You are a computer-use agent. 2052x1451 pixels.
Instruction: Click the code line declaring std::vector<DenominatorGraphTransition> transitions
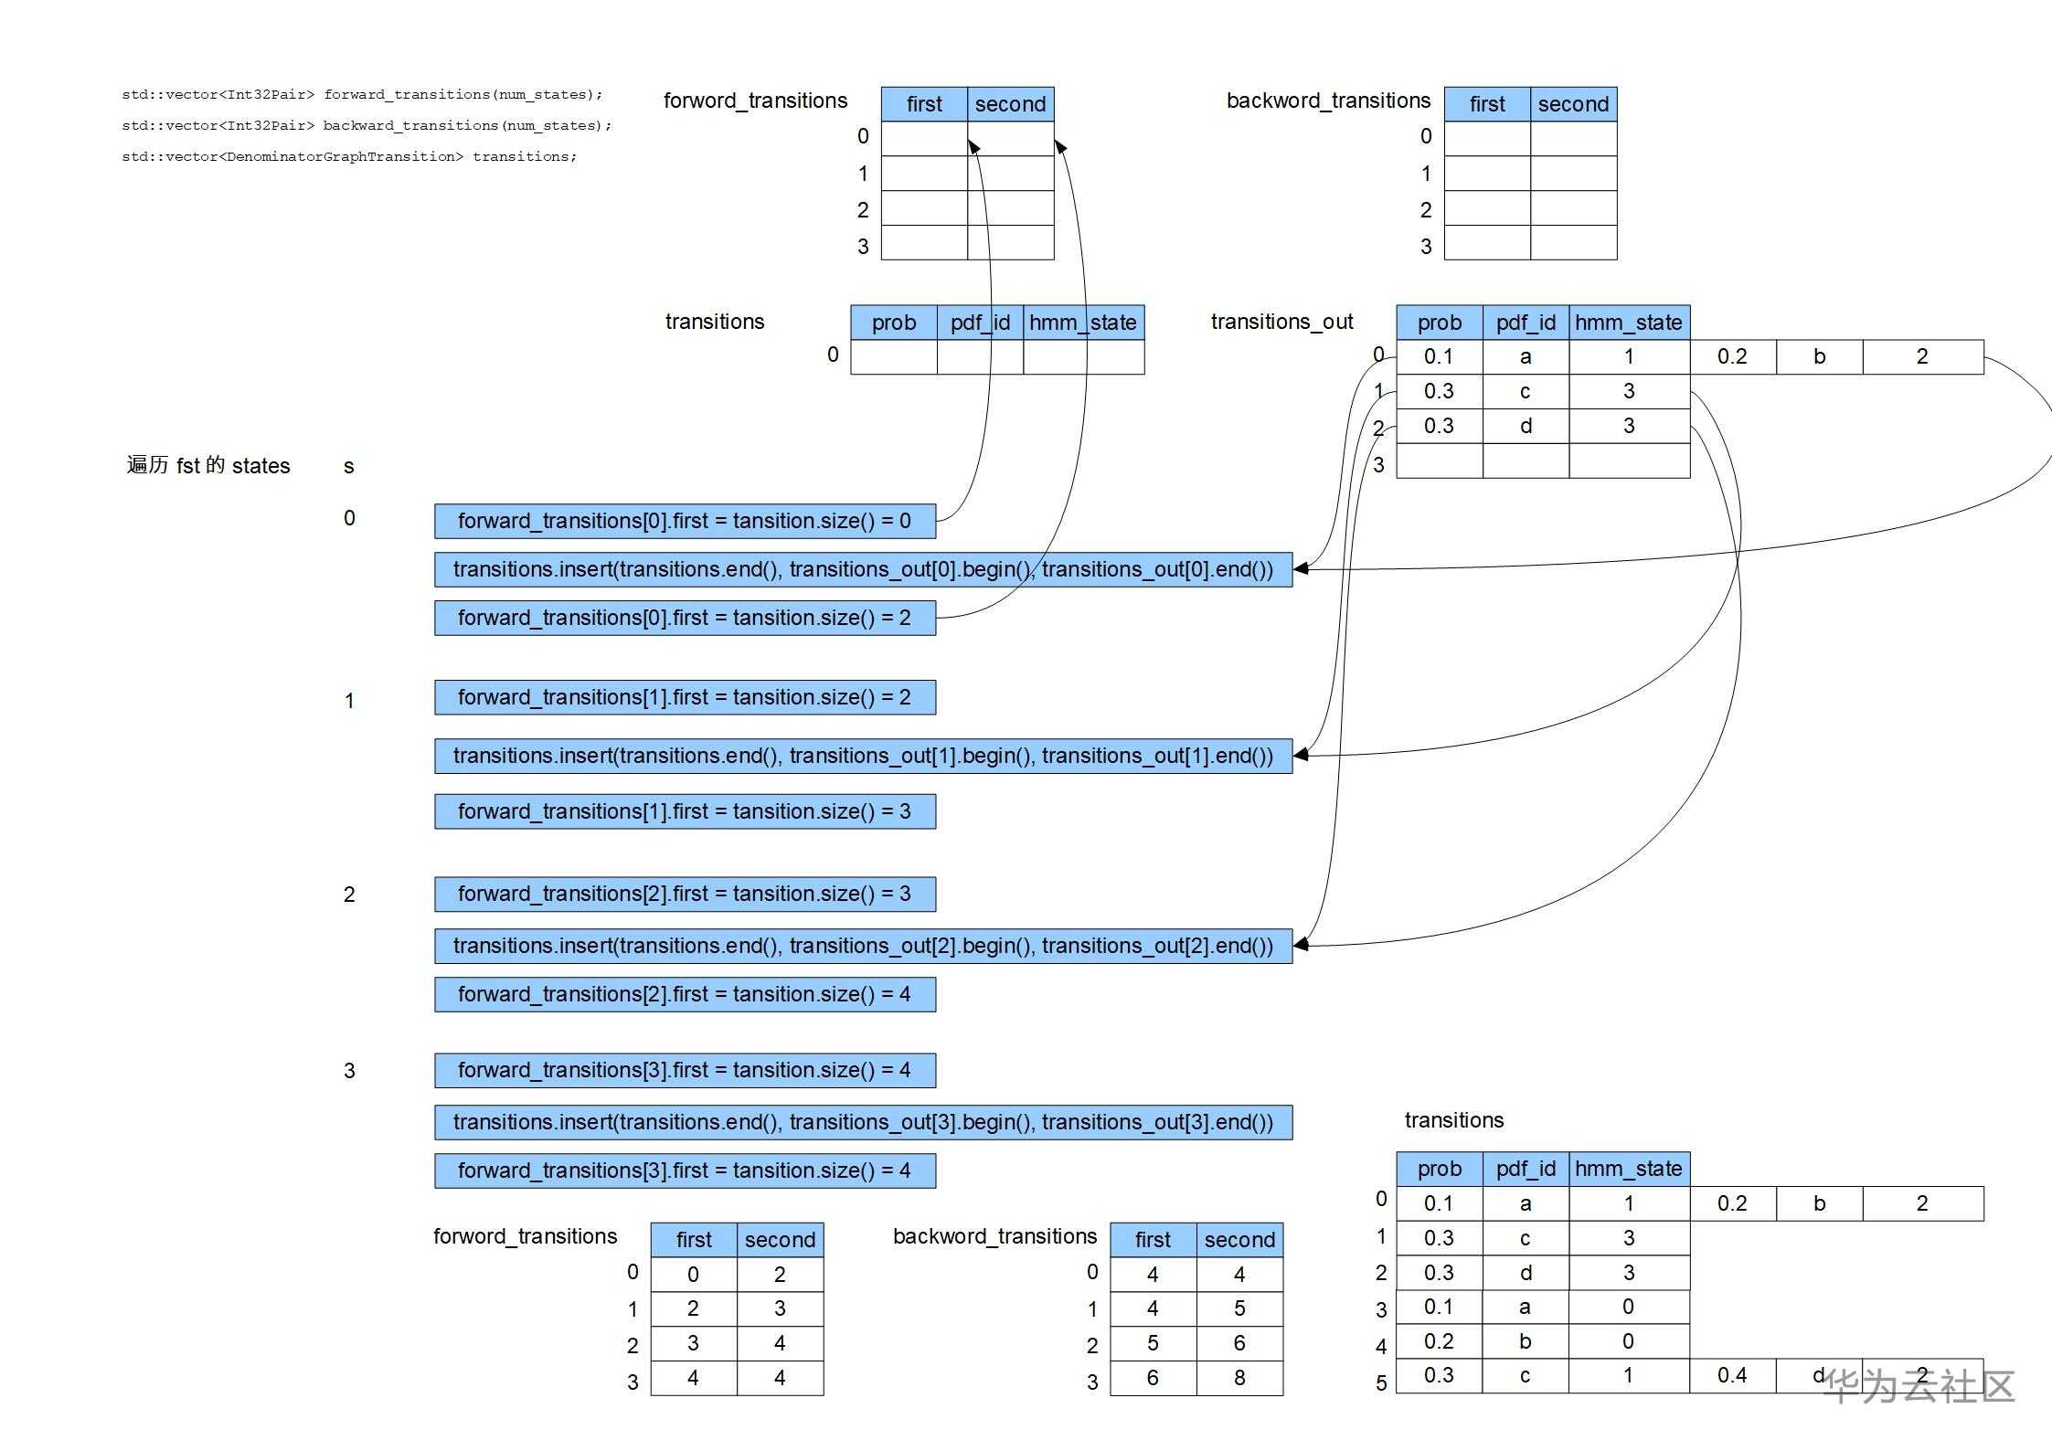pyautogui.click(x=349, y=156)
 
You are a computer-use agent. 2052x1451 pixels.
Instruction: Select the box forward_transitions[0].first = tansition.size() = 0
pyautogui.click(x=685, y=521)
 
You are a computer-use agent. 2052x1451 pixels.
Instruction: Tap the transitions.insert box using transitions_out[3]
pyautogui.click(x=863, y=1122)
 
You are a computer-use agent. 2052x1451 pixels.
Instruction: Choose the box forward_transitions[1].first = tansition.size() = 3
pyautogui.click(x=685, y=811)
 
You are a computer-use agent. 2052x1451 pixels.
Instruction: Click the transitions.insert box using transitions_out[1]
pyautogui.click(x=863, y=756)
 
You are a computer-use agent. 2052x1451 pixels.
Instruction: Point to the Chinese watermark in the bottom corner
pyautogui.click(x=1919, y=1387)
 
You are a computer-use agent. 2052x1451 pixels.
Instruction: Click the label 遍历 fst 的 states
pyautogui.click(x=208, y=465)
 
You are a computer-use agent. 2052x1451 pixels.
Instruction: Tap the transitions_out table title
pyautogui.click(x=1281, y=322)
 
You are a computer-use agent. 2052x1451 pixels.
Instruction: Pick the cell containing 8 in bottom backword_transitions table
pyautogui.click(x=1239, y=1378)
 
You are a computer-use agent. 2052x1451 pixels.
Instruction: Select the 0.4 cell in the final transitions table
pyautogui.click(x=1732, y=1375)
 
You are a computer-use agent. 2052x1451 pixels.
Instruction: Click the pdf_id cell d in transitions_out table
pyautogui.click(x=1526, y=426)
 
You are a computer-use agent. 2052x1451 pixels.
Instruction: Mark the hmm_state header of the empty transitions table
pyautogui.click(x=1083, y=323)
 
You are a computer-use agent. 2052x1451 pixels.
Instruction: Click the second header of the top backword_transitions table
pyautogui.click(x=1573, y=104)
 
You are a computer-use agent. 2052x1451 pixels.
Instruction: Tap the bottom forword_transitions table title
pyautogui.click(x=525, y=1236)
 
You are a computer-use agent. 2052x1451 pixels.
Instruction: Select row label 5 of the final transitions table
pyautogui.click(x=1381, y=1383)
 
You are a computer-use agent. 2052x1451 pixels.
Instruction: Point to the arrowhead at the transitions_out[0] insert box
pyautogui.click(x=1300, y=568)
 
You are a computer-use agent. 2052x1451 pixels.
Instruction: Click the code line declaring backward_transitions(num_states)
pyautogui.click(x=367, y=125)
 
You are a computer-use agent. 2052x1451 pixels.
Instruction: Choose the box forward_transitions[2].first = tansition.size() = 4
pyautogui.click(x=685, y=994)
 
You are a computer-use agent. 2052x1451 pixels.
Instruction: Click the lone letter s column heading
pyautogui.click(x=348, y=467)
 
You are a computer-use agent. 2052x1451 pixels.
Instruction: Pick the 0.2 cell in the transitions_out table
pyautogui.click(x=1732, y=356)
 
